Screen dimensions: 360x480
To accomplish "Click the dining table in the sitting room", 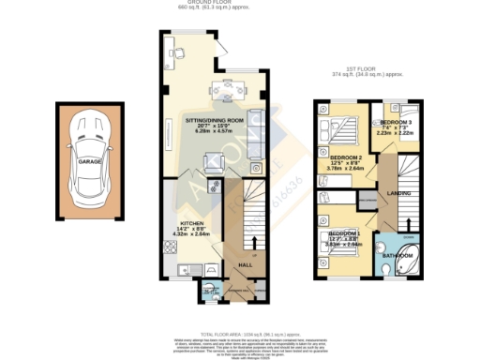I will (227, 90).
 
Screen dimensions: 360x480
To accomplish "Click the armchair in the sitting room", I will (214, 161).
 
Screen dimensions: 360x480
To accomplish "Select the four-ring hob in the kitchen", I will (171, 247).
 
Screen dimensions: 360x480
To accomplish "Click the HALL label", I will (245, 265).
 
